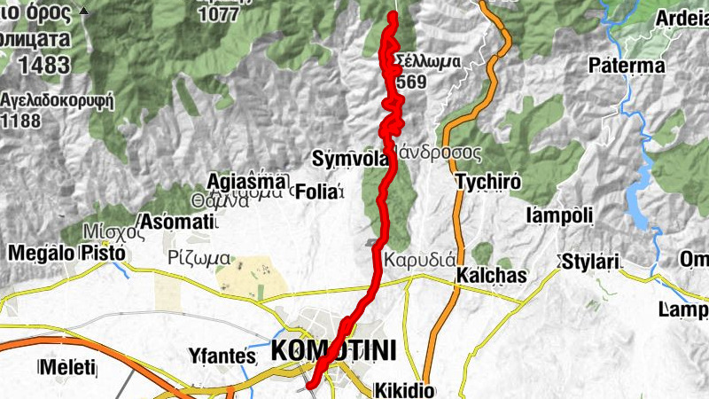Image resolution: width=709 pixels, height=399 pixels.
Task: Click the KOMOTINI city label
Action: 333,350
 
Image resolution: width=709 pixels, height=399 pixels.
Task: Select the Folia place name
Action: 315,191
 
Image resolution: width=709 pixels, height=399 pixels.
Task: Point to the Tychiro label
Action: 485,182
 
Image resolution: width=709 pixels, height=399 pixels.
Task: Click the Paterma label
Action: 627,66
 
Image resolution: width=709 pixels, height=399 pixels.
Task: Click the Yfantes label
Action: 222,356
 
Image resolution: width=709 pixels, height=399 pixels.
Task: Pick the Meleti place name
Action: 69,368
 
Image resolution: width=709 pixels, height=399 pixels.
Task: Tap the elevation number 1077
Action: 219,15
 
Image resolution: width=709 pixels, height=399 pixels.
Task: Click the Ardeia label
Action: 682,20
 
